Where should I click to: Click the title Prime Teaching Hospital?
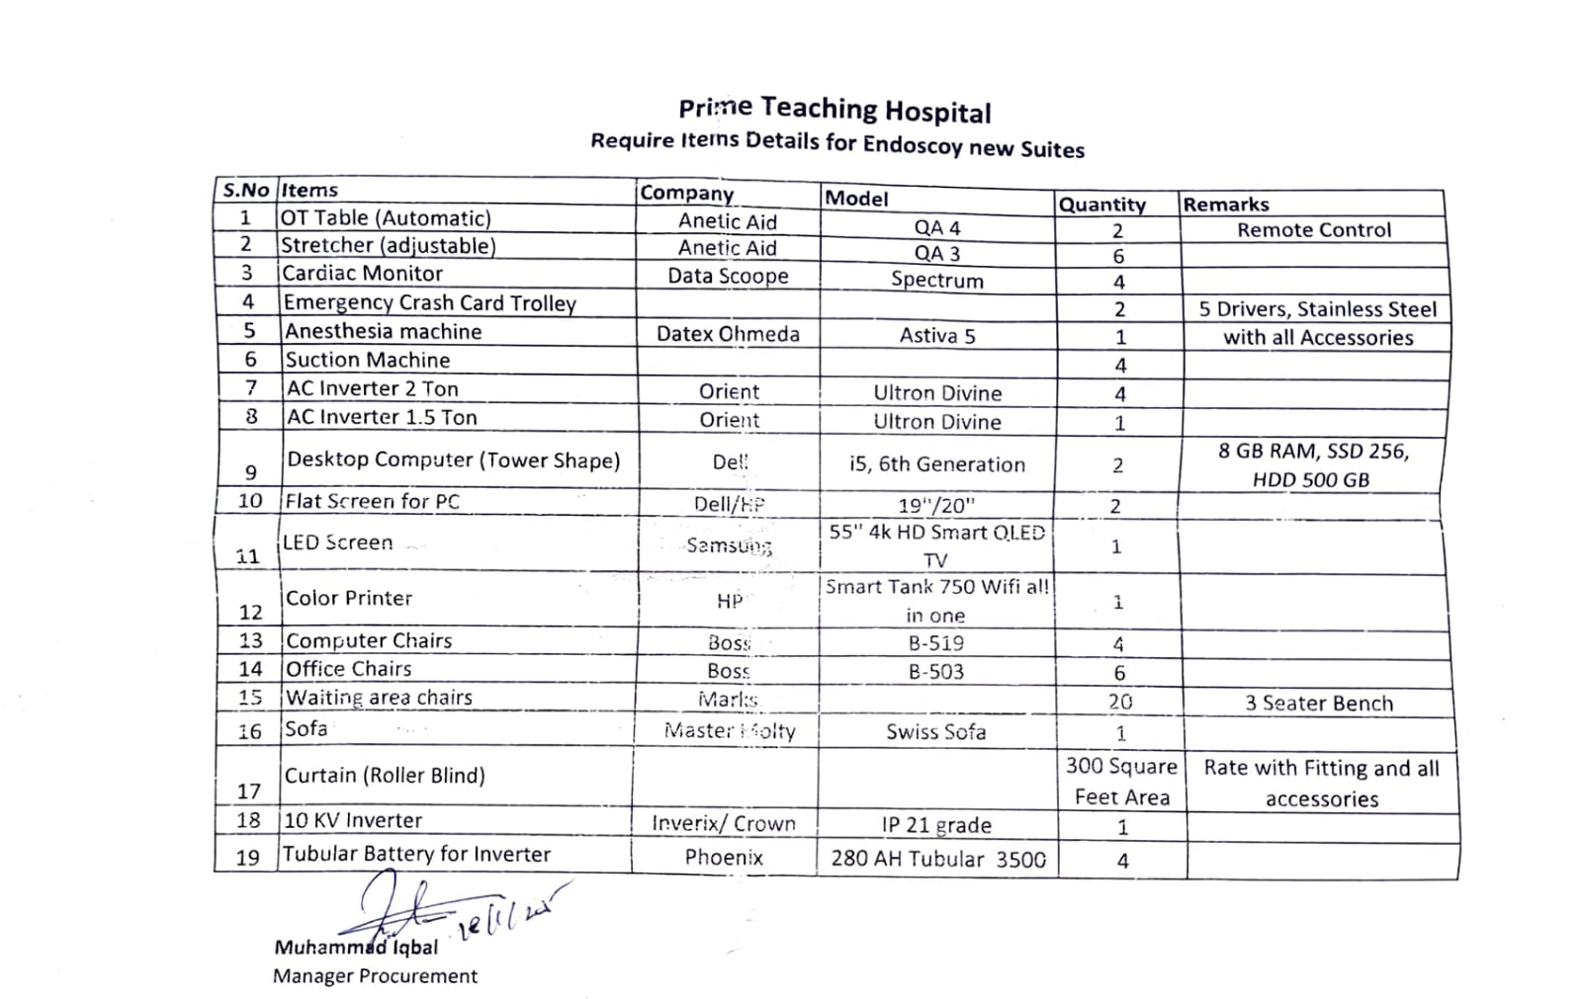pyautogui.click(x=835, y=110)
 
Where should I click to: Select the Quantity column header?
pyautogui.click(x=1101, y=205)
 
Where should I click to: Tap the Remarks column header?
pyautogui.click(x=1226, y=205)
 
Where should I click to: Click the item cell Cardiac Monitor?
pyautogui.click(x=362, y=273)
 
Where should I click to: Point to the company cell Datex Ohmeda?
pyautogui.click(x=728, y=334)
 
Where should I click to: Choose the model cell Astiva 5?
pyautogui.click(x=936, y=336)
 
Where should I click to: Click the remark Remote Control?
pyautogui.click(x=1313, y=230)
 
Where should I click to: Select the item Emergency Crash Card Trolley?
pyautogui.click(x=429, y=302)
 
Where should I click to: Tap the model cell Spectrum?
pyautogui.click(x=936, y=280)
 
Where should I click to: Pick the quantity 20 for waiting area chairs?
pyautogui.click(x=1119, y=702)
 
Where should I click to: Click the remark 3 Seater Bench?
pyautogui.click(x=1318, y=704)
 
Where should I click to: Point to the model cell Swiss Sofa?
pyautogui.click(x=935, y=732)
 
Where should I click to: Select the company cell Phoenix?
pyautogui.click(x=724, y=857)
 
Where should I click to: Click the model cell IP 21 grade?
pyautogui.click(x=935, y=825)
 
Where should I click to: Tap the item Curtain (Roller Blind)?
pyautogui.click(x=385, y=776)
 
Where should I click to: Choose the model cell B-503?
pyautogui.click(x=935, y=672)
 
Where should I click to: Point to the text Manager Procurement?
pyautogui.click(x=375, y=976)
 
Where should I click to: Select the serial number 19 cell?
pyautogui.click(x=247, y=857)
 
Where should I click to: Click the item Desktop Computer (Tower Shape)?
pyautogui.click(x=453, y=460)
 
